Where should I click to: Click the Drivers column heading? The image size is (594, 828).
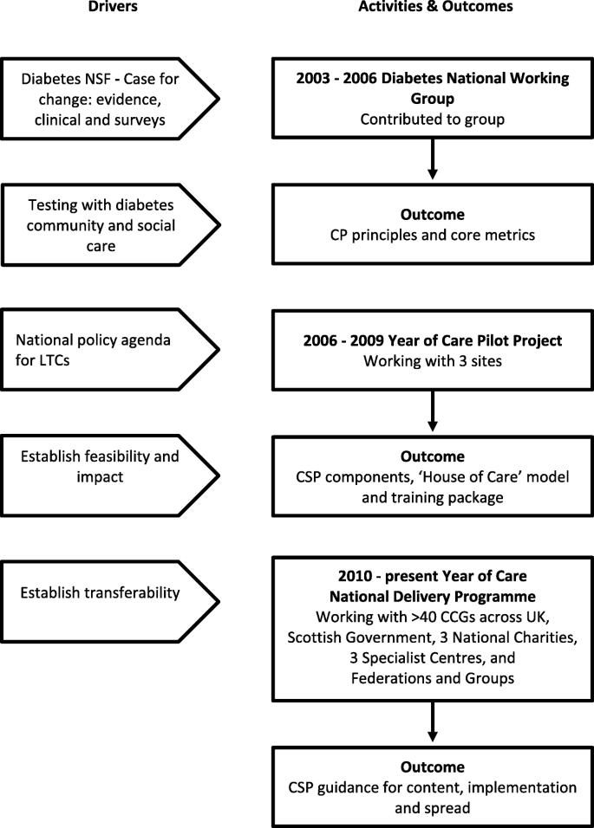pyautogui.click(x=114, y=7)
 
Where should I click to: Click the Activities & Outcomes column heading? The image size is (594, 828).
pyautogui.click(x=432, y=7)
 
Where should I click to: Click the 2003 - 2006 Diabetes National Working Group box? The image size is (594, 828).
pyautogui.click(x=432, y=96)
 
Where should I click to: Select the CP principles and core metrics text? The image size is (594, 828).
pyautogui.click(x=432, y=234)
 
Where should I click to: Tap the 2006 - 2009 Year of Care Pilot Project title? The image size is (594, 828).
pyautogui.click(x=432, y=340)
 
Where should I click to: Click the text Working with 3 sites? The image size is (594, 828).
pyautogui.click(x=432, y=363)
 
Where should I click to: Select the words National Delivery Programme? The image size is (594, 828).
pyautogui.click(x=432, y=596)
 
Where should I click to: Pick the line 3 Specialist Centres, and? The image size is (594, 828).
pyautogui.click(x=432, y=658)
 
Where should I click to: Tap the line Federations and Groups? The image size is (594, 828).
pyautogui.click(x=432, y=679)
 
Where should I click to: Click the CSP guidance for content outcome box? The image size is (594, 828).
pyautogui.click(x=432, y=786)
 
